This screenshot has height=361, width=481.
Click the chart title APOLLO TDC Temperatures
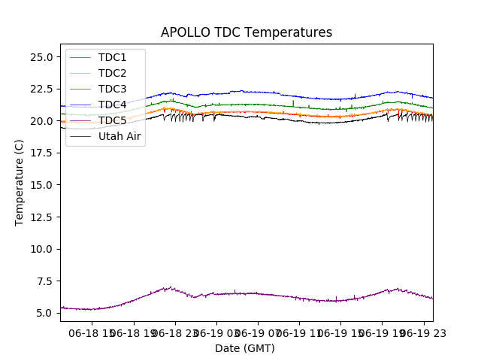tap(247, 32)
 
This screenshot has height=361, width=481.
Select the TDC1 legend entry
tap(113, 57)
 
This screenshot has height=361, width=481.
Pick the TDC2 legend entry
tap(113, 73)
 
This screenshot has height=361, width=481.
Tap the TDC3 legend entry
tap(113, 89)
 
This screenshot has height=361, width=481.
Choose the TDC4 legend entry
tap(113, 105)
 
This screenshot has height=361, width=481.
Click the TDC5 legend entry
tap(113, 120)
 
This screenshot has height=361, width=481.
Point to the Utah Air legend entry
tap(119, 136)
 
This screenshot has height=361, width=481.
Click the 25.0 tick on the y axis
tap(41, 57)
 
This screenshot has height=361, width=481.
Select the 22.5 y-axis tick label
tap(41, 89)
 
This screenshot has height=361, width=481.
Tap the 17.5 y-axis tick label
tap(41, 153)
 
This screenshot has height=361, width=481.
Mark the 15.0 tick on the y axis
tap(41, 185)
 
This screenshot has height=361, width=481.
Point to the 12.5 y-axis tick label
tap(41, 217)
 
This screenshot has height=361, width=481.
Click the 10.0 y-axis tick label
tap(41, 249)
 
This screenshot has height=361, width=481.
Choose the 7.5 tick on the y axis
tap(44, 281)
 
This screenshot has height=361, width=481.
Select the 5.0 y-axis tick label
tap(44, 313)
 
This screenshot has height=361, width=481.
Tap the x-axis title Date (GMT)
tap(245, 348)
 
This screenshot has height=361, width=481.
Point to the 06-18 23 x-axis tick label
tap(174, 332)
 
